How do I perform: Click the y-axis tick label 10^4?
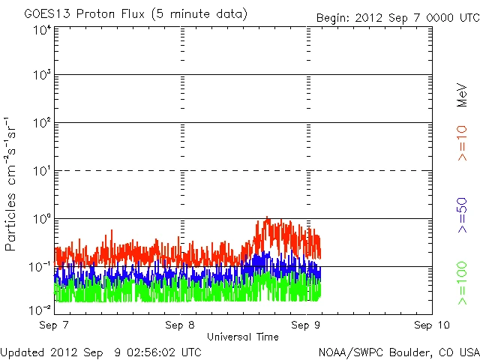pyautogui.click(x=42, y=29)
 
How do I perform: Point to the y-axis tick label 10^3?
pyautogui.click(x=42, y=76)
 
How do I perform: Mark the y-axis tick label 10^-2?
pyautogui.click(x=42, y=309)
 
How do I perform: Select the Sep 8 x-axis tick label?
pyautogui.click(x=181, y=325)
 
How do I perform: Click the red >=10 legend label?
pyautogui.click(x=462, y=144)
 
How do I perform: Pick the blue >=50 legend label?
pyautogui.click(x=462, y=214)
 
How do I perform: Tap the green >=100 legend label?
pyautogui.click(x=462, y=283)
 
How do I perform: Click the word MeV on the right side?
pyautogui.click(x=462, y=95)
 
